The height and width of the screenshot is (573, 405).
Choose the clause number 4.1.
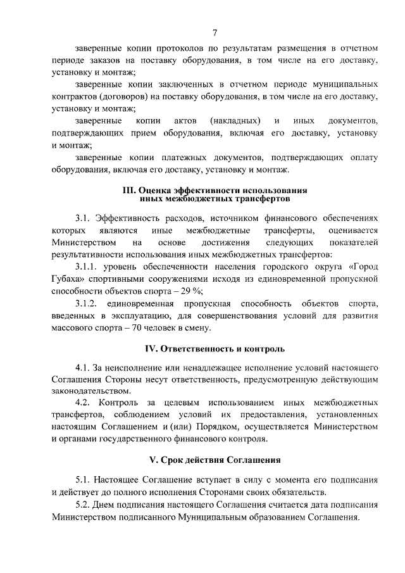[83, 368]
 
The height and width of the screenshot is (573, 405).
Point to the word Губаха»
[70, 279]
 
